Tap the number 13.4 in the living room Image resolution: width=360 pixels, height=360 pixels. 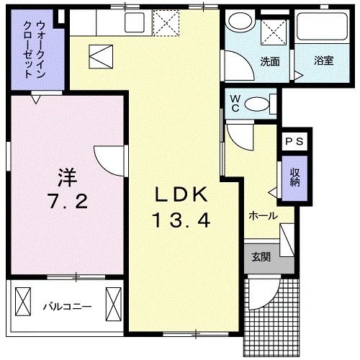(181, 221)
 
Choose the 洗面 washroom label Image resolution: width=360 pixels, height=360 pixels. (270, 61)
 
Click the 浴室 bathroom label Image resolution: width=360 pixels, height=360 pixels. (323, 62)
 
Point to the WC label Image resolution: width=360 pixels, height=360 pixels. (235, 104)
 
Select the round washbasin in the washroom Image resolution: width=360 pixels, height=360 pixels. (238, 26)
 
